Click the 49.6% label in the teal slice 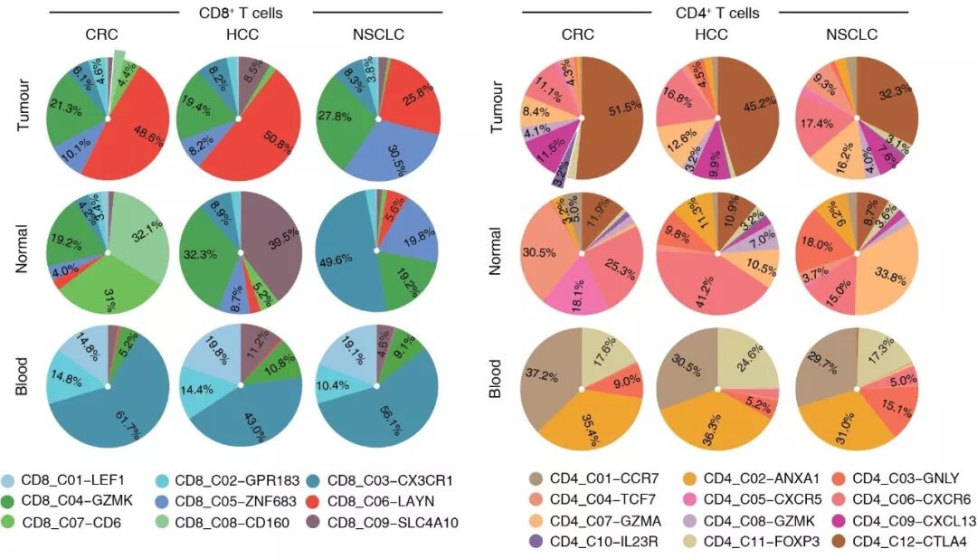click(x=337, y=260)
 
